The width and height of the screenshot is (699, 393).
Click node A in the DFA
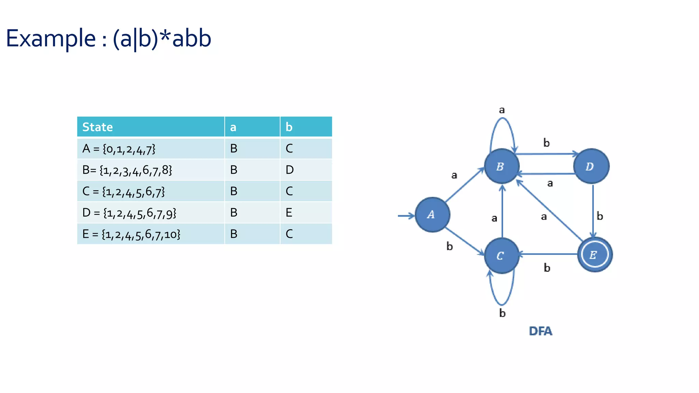click(x=432, y=215)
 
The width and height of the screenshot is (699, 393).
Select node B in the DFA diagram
click(x=501, y=166)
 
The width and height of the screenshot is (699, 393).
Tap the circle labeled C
click(x=501, y=256)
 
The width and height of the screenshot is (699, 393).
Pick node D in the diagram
click(x=591, y=166)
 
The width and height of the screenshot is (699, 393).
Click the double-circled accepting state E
click(x=595, y=254)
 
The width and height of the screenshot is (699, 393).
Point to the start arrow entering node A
click(x=406, y=216)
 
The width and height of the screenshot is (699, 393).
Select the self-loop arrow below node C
click(x=501, y=303)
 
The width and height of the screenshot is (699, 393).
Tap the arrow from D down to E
click(x=593, y=210)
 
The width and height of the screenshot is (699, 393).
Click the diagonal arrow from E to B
click(x=550, y=210)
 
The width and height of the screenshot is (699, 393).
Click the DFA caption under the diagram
click(x=540, y=331)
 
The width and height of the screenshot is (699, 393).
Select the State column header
click(x=98, y=127)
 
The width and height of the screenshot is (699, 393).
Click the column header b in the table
click(x=289, y=127)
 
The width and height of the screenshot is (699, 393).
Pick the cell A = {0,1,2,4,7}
click(x=119, y=149)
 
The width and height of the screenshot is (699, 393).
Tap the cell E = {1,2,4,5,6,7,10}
click(x=131, y=234)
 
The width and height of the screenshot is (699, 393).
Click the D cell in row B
click(x=289, y=170)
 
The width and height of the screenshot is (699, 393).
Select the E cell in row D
click(x=289, y=213)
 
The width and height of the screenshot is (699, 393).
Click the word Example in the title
click(x=51, y=38)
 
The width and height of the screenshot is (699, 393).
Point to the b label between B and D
click(x=546, y=143)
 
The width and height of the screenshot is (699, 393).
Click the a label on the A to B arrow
click(x=454, y=175)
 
